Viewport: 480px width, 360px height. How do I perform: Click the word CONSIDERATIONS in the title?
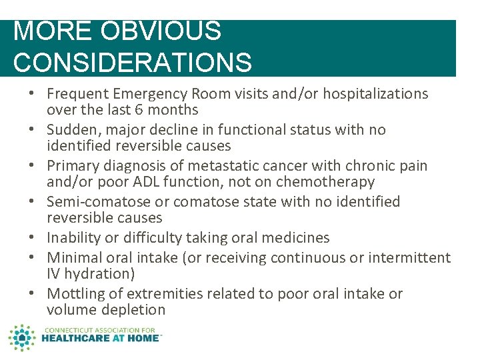pos(132,62)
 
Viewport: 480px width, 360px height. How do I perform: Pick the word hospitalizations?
pos(364,94)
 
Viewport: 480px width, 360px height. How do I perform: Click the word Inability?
pos(72,238)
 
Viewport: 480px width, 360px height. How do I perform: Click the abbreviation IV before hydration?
pos(55,274)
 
